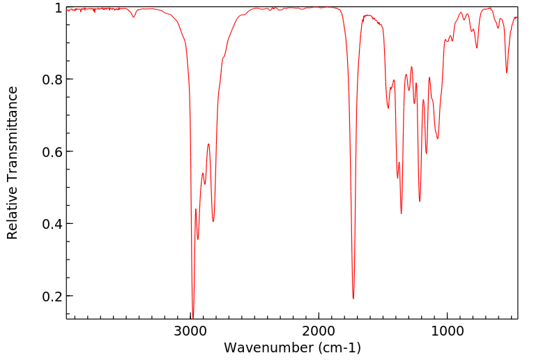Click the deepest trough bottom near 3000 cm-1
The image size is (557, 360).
click(x=193, y=316)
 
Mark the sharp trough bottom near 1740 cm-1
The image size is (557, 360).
click(x=353, y=299)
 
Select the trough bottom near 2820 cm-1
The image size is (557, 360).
click(x=213, y=221)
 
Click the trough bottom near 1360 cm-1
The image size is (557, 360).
click(x=401, y=213)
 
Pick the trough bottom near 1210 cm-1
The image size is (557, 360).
click(x=420, y=202)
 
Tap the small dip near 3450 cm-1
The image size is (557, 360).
click(x=134, y=17)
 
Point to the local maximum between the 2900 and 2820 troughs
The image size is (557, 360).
click(x=208, y=144)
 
